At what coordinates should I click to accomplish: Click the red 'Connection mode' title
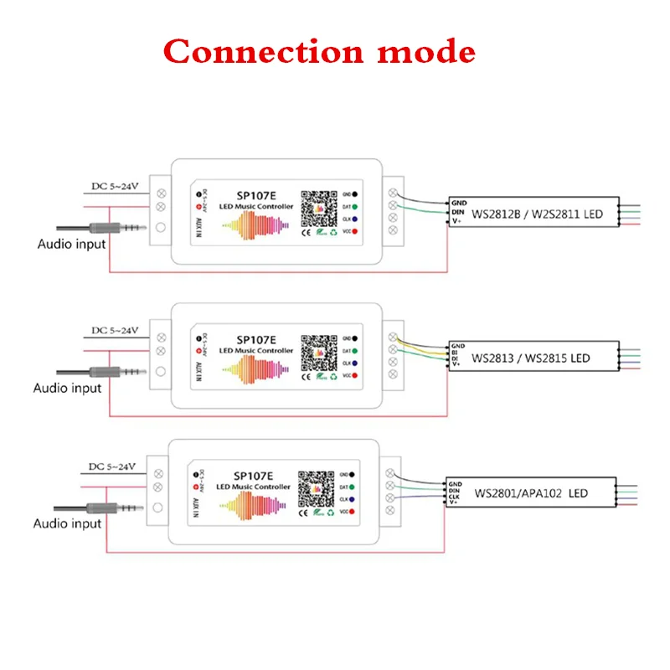(x=319, y=52)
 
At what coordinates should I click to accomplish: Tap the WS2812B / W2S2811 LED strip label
(x=538, y=214)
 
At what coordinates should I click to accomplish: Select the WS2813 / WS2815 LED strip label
(x=531, y=358)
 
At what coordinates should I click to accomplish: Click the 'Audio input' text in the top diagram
(x=72, y=244)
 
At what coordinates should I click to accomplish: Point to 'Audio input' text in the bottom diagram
(x=67, y=523)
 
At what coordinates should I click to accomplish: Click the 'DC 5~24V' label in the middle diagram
(x=115, y=328)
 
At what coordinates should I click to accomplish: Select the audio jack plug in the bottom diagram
(x=109, y=508)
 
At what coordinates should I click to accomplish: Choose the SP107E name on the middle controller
(x=255, y=339)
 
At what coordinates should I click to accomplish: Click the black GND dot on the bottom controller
(x=353, y=472)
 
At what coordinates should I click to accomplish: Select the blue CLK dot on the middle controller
(x=355, y=363)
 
